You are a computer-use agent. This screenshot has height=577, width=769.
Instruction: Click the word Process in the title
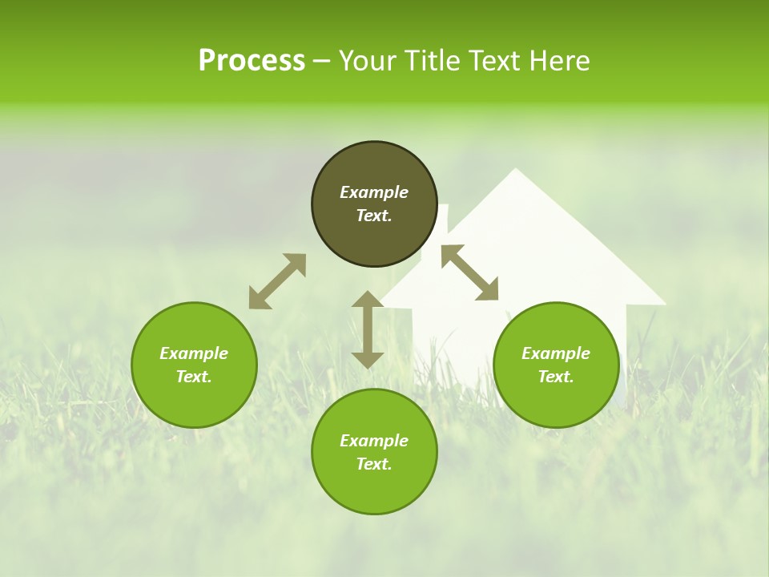point(252,61)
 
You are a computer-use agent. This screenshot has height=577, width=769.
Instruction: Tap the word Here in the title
point(558,61)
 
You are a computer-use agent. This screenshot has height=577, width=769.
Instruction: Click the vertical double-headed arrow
point(368,329)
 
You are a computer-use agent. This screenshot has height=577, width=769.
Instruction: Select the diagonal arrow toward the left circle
point(277,281)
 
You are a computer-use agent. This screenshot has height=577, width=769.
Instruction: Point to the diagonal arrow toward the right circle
point(469,272)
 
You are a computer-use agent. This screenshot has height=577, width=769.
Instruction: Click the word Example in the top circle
point(374,192)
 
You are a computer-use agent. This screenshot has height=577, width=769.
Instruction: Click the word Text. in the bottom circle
point(374,464)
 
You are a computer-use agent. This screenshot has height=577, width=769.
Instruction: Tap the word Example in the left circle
point(194,353)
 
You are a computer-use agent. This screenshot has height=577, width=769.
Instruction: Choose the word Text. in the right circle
point(556,377)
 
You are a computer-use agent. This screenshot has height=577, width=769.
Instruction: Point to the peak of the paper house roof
point(516,170)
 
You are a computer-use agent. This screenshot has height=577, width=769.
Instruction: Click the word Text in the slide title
point(495,61)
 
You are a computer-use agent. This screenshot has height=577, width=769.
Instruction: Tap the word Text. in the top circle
point(374,216)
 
